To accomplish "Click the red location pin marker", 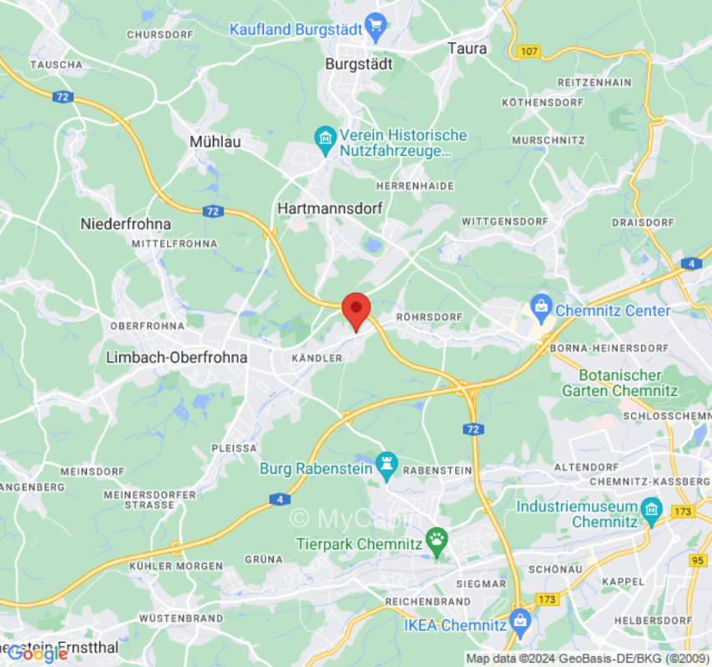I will pos(357,310).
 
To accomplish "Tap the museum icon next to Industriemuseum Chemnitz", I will pos(651,509).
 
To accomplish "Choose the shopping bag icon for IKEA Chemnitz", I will pos(521,620).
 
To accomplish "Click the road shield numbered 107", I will pos(527,52).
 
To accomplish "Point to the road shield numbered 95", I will pos(699,559).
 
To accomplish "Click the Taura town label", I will pos(467,48).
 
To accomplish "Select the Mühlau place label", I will pos(215,142).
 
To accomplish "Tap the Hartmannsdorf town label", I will pos(329,208).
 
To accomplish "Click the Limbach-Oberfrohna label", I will pos(177,357).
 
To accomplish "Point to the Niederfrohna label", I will pos(125,223).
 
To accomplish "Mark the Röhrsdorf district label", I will pos(430,317).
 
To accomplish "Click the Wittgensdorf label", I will pos(504,222).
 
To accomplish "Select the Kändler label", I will pos(317,358).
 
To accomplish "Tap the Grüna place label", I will pos(260,559).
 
